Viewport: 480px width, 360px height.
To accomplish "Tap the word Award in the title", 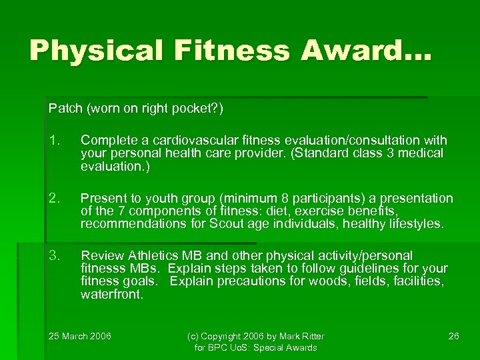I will pyautogui.click(x=367, y=51).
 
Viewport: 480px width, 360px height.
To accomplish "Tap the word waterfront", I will pyautogui.click(x=111, y=294).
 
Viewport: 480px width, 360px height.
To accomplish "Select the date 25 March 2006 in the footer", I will pyautogui.click(x=80, y=335).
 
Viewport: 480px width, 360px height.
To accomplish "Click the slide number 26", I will pyautogui.click(x=453, y=335).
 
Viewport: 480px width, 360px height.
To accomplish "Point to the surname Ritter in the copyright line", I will pyautogui.click(x=327, y=335).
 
